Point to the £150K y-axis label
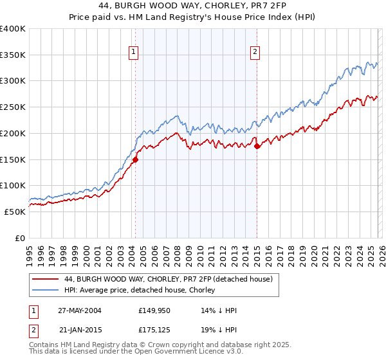click(x=13, y=159)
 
